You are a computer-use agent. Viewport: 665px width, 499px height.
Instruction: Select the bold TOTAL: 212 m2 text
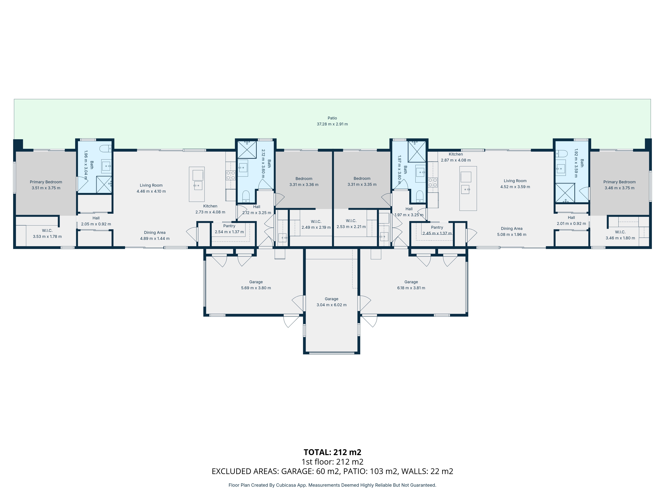(332, 452)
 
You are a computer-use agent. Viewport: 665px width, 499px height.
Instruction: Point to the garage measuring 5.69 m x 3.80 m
(256, 285)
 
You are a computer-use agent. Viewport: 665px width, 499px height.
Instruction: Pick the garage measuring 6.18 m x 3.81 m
(411, 285)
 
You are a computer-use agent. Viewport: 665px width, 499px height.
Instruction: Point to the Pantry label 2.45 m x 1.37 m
(437, 230)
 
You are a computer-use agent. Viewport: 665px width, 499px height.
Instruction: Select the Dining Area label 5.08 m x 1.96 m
(511, 232)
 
